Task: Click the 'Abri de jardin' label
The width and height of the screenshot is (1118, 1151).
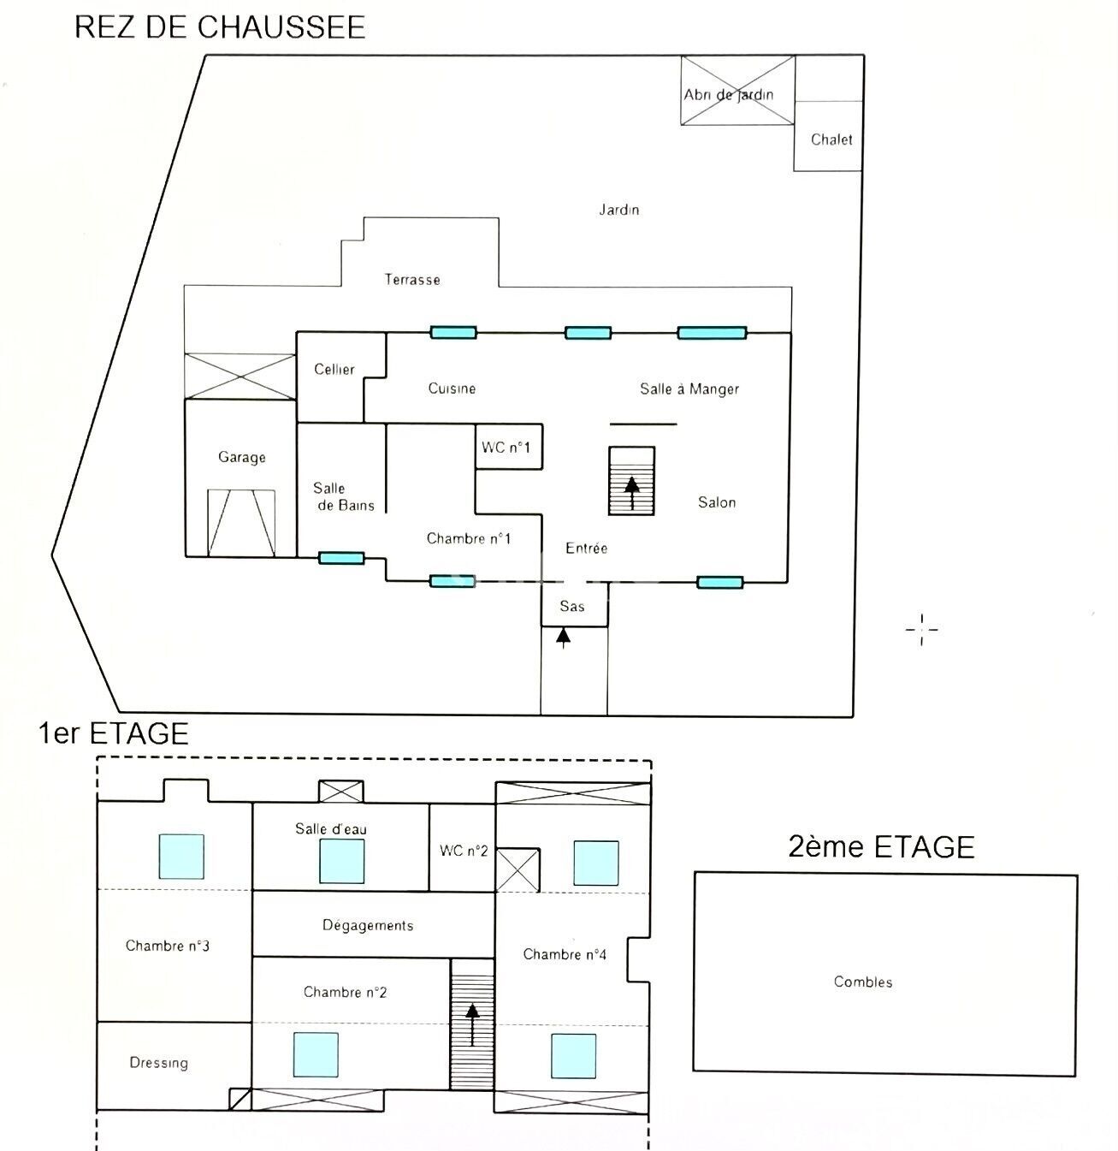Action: click(x=729, y=95)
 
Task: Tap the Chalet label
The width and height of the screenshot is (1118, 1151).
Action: click(x=831, y=139)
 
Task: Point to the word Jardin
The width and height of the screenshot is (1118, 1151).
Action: click(x=619, y=210)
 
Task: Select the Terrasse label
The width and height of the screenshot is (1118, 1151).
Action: click(x=412, y=279)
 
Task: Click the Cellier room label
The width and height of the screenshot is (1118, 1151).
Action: click(x=334, y=369)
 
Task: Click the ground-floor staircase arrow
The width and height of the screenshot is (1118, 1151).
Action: click(x=632, y=493)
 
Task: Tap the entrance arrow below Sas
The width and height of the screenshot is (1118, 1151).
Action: click(x=564, y=638)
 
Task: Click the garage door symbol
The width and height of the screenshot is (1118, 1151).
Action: click(x=241, y=523)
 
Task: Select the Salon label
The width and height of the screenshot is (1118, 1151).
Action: click(x=717, y=502)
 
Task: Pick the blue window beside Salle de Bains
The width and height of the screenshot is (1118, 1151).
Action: click(x=341, y=558)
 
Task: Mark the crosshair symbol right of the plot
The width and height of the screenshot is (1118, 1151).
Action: click(x=921, y=629)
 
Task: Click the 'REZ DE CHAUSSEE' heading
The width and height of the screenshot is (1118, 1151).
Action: click(x=220, y=27)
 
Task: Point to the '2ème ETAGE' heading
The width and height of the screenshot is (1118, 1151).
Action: click(x=881, y=846)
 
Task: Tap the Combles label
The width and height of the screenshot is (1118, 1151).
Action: click(x=862, y=982)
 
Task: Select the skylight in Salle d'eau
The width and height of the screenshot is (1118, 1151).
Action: click(x=341, y=861)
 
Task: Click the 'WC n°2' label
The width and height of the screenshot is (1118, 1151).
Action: click(x=464, y=851)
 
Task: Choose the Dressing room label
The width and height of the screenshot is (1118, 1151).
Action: click(x=158, y=1063)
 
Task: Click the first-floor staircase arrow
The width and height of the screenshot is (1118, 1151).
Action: click(x=472, y=1024)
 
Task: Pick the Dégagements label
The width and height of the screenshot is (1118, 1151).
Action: click(x=368, y=925)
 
